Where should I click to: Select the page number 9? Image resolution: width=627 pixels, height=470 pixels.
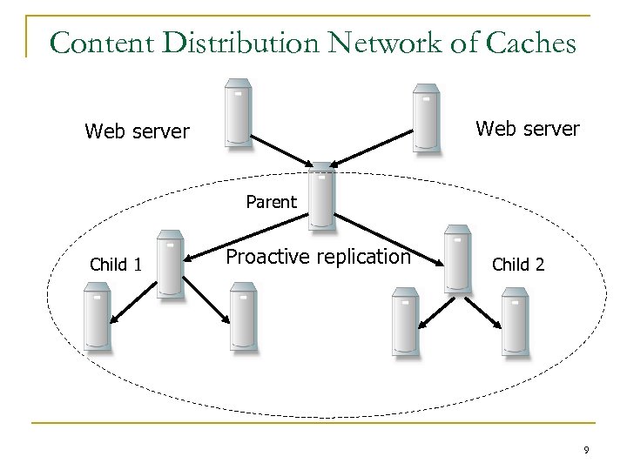click(x=586, y=450)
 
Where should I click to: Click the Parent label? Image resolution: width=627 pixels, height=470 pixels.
click(x=271, y=202)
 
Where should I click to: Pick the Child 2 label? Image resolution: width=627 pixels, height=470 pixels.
click(x=519, y=264)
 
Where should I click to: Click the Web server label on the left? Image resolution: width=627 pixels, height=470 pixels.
click(x=137, y=131)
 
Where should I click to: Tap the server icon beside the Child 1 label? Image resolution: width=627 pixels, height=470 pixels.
click(x=171, y=265)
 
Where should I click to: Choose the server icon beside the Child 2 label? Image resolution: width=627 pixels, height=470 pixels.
click(x=457, y=258)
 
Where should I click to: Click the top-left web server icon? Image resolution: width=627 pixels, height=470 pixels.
click(x=238, y=114)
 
